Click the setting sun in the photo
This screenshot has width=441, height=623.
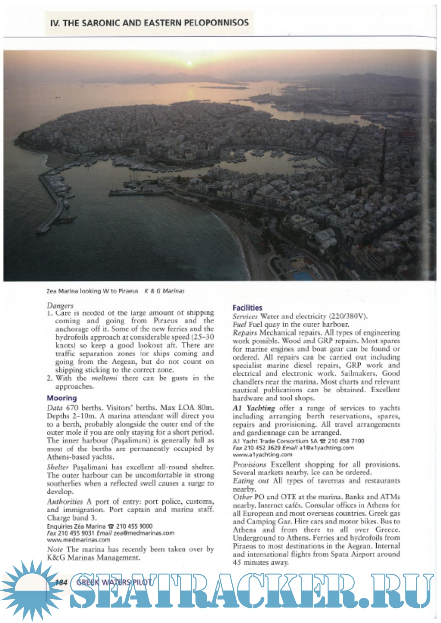click(x=190, y=63)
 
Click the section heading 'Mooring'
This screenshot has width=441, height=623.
click(x=62, y=398)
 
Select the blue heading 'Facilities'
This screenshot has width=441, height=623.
click(x=247, y=308)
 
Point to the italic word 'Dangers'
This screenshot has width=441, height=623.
click(x=60, y=305)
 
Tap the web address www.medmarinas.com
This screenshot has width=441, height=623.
click(x=79, y=540)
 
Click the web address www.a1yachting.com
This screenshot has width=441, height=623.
click(x=262, y=454)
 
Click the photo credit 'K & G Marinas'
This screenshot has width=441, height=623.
click(x=164, y=291)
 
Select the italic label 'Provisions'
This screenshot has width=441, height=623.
click(x=249, y=464)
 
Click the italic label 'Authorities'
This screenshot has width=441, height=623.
click(x=65, y=502)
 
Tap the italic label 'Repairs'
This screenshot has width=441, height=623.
click(x=244, y=333)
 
